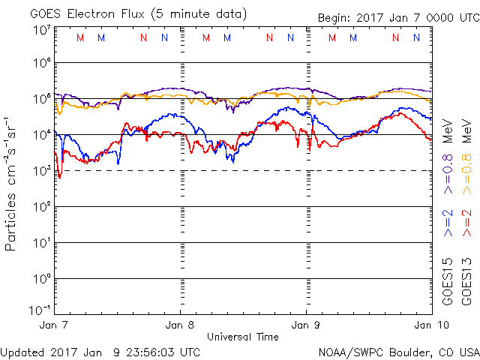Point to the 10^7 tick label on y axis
pos(40,31)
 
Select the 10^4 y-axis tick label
pos(40,135)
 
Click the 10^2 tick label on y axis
pos(40,207)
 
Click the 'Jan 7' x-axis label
pos(54,325)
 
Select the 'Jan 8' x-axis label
pos(180,325)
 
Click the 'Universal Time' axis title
pos(242,337)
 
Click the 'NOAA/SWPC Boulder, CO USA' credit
pos(398,351)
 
